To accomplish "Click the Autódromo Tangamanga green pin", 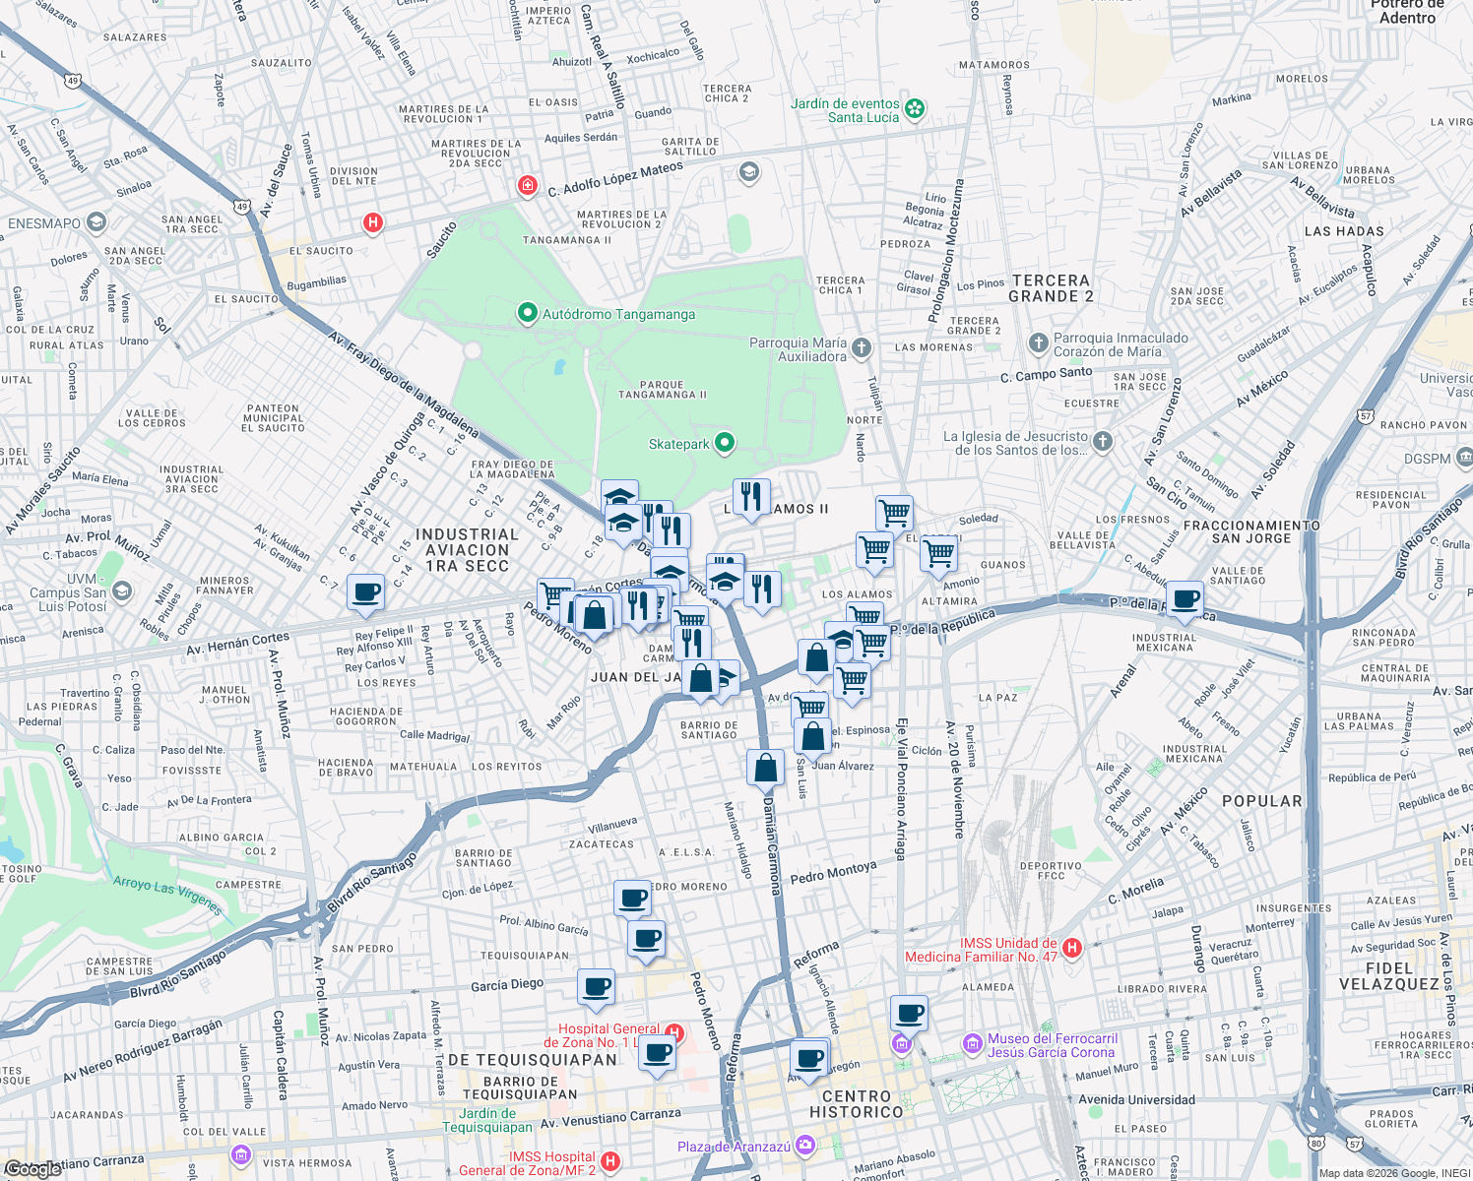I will [527, 314].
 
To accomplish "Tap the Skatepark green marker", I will [725, 443].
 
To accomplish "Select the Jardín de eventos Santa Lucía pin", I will [915, 109].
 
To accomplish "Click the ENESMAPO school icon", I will [96, 222].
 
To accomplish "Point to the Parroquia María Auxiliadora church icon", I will [862, 347].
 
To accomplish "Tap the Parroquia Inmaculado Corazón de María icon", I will [1038, 343].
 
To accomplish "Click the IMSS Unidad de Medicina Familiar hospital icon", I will [1072, 949].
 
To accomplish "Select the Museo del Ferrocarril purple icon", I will [973, 1043].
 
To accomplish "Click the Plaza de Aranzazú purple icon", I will [805, 1145].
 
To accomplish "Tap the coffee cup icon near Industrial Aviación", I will [365, 592].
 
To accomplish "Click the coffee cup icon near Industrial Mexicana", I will [1185, 598].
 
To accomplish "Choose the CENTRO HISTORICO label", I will [856, 1104].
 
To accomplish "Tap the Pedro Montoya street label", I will [833, 873].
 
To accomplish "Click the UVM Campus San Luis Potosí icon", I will [122, 591].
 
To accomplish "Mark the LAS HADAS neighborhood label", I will [1344, 231].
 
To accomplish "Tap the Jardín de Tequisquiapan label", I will [487, 1120].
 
